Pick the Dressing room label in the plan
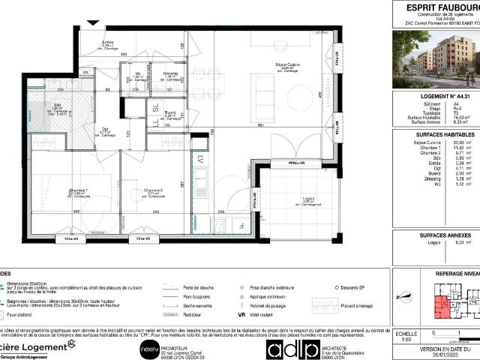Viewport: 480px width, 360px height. [x=171, y=74]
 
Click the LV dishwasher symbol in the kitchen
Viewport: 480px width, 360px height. [x=201, y=159]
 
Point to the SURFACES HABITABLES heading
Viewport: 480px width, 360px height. [x=436, y=135]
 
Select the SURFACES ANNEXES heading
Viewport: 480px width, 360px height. [x=436, y=235]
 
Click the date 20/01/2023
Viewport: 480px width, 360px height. [x=436, y=356]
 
